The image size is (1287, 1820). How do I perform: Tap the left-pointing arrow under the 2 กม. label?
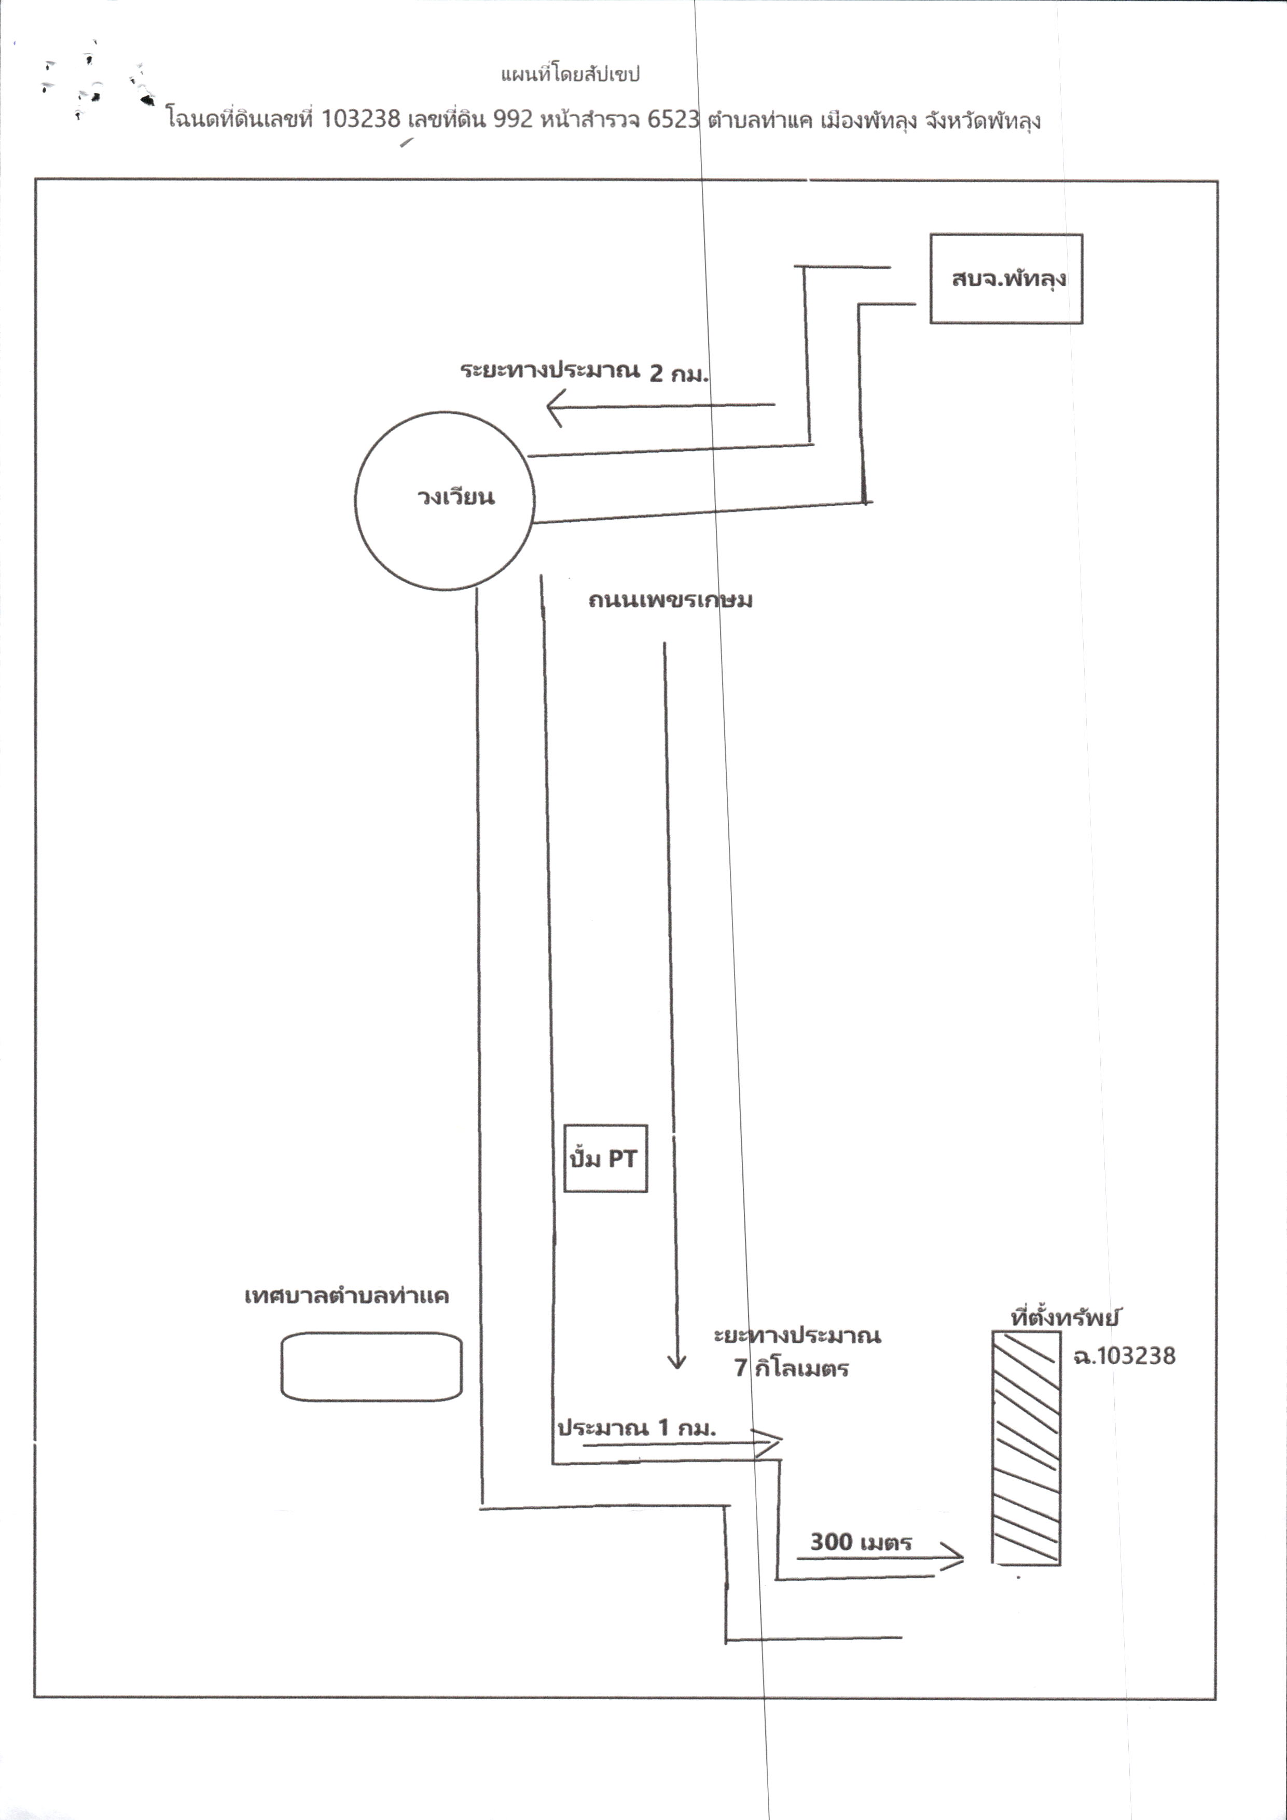[x=660, y=406]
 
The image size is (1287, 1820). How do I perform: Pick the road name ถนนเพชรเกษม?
[x=670, y=600]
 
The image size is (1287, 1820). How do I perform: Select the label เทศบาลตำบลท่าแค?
[x=347, y=1296]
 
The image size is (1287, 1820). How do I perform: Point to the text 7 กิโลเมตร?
[x=792, y=1369]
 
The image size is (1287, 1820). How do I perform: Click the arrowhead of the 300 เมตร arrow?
[x=963, y=1559]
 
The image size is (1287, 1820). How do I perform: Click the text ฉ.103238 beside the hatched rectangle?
[x=1124, y=1356]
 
